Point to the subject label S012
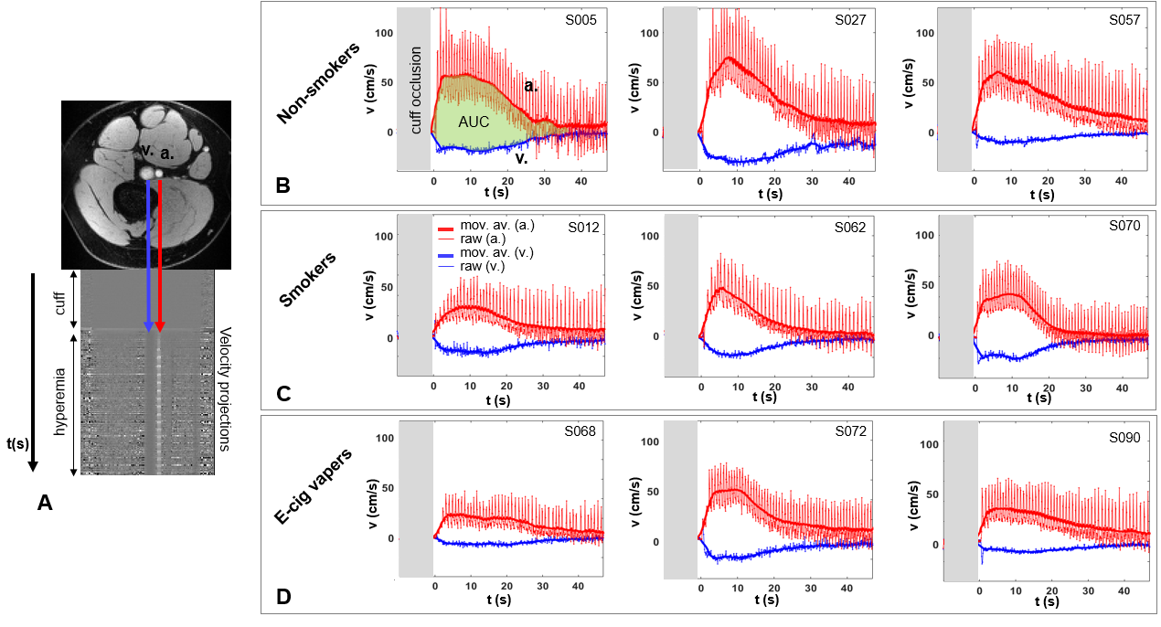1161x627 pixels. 585,228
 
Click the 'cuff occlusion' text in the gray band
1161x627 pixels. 415,90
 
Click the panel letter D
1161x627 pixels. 283,598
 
